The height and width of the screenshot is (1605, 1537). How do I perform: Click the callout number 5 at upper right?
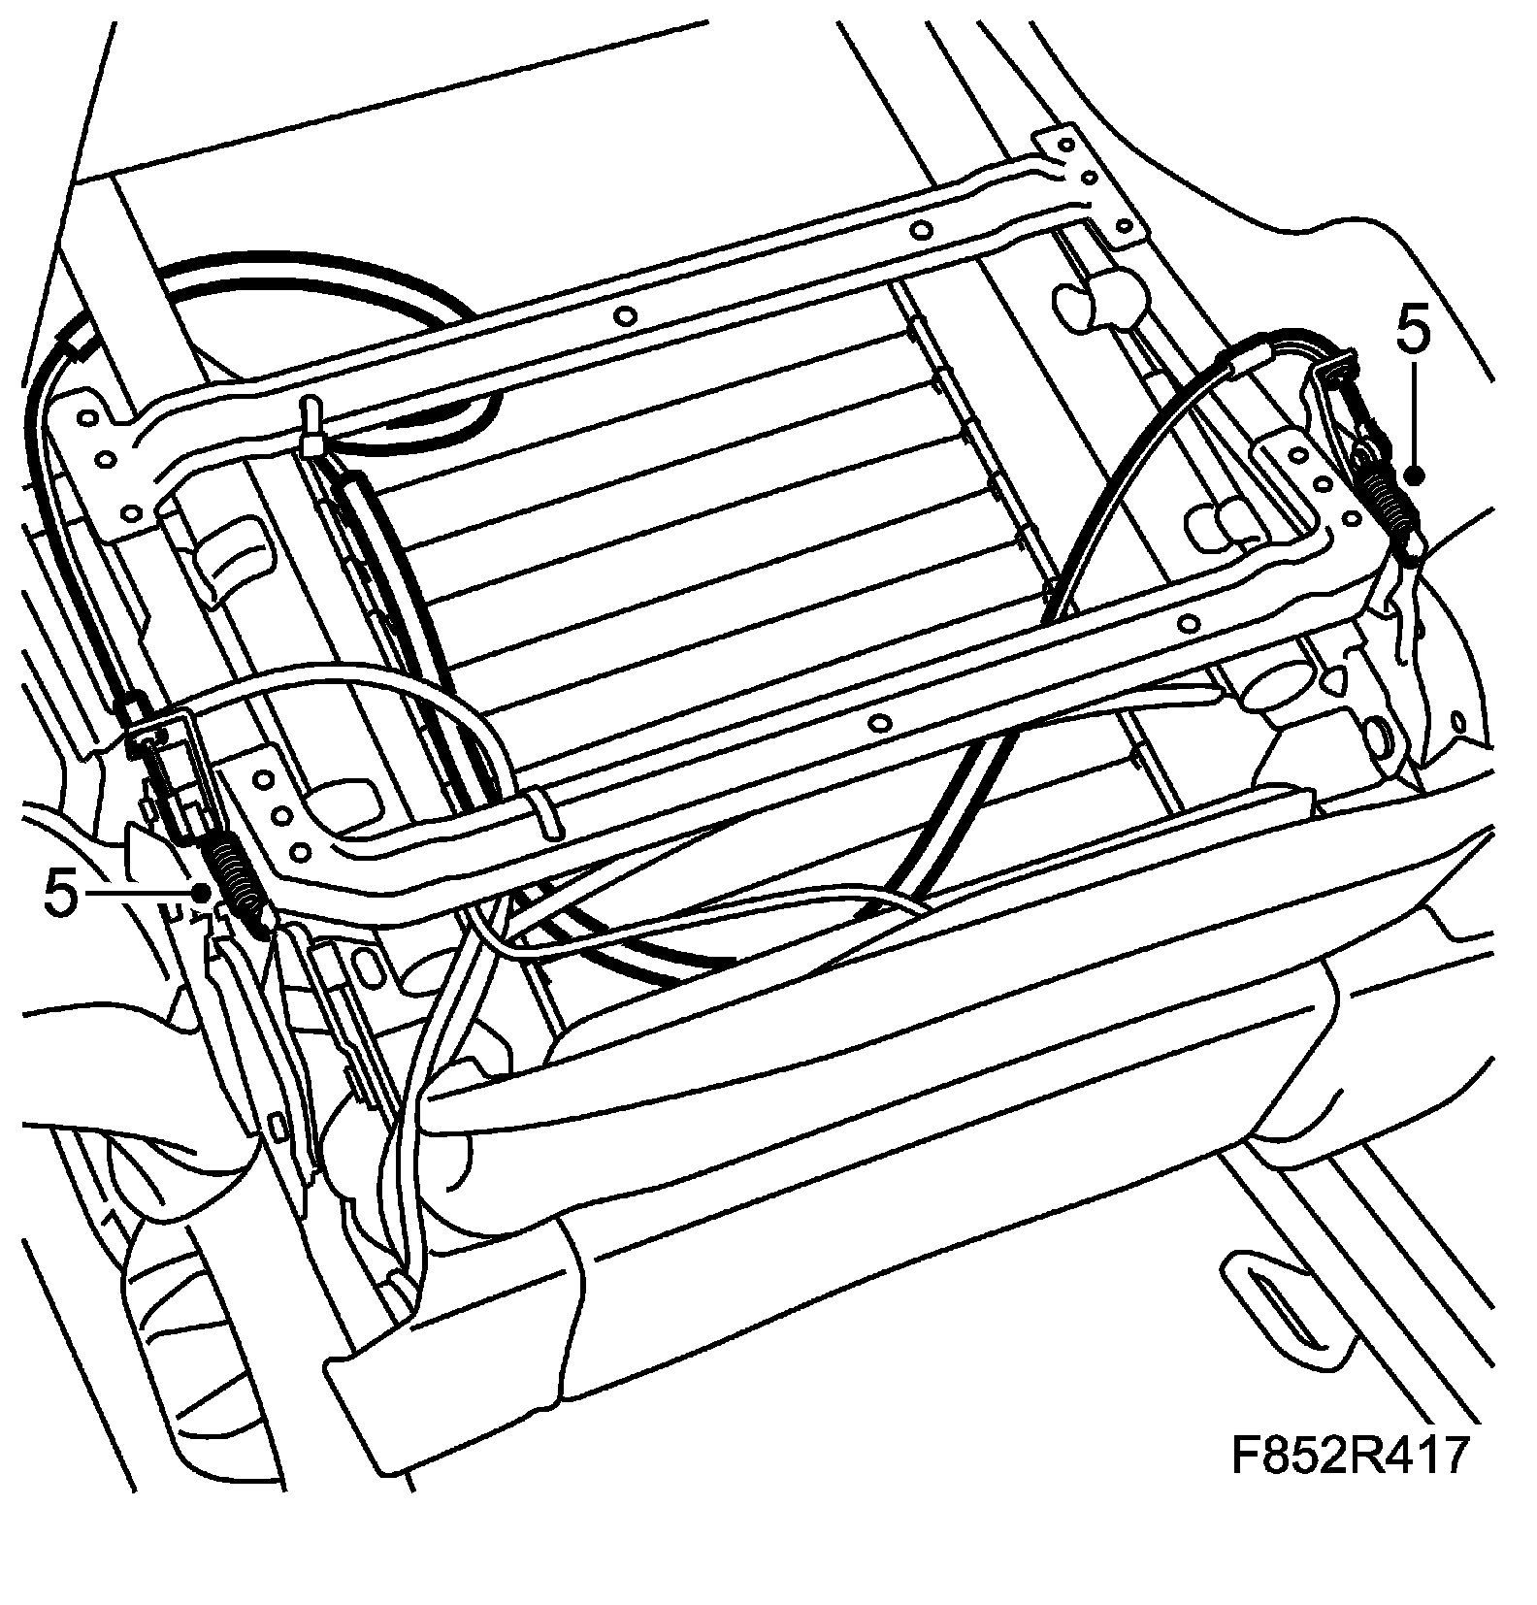click(x=1413, y=332)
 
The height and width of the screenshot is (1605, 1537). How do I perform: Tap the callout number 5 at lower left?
click(x=60, y=894)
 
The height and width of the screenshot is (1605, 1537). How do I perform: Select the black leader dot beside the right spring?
click(x=1414, y=475)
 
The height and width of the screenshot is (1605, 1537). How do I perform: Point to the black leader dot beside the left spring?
click(x=202, y=892)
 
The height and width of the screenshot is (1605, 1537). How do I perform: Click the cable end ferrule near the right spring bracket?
click(x=1245, y=358)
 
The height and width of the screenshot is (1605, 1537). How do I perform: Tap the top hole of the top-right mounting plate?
click(x=1065, y=147)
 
